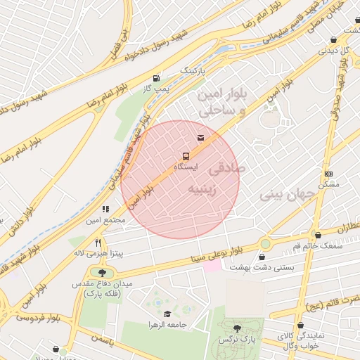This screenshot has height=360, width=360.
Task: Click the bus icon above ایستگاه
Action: [186, 155]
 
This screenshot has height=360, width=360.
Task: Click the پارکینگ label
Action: [195, 71]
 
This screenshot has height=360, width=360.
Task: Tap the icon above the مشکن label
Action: [328, 174]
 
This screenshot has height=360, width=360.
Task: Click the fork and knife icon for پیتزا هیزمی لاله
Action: [98, 242]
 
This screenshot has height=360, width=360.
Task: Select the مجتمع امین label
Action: [105, 220]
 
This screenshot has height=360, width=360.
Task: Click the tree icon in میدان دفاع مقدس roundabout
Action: [103, 273]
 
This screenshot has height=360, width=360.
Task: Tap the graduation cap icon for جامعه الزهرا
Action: [167, 314]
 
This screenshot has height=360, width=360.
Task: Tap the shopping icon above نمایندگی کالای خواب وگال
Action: [301, 326]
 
